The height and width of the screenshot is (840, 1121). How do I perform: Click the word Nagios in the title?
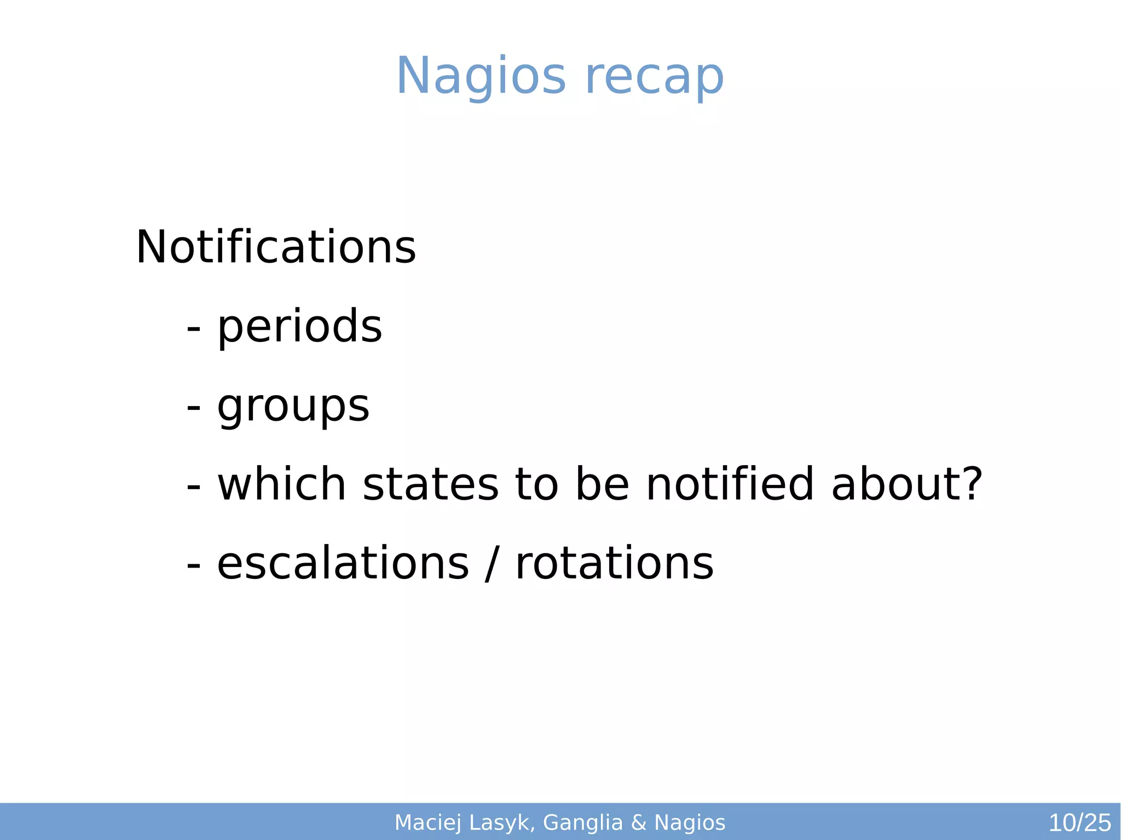481,77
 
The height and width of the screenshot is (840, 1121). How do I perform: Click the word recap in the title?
654,77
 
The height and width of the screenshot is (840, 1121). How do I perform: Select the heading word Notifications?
276,247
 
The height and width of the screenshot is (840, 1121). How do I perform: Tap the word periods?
299,327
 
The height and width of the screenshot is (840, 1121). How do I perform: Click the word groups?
293,407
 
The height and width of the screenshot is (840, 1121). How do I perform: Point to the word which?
282,484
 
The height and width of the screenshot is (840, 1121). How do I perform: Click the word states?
430,484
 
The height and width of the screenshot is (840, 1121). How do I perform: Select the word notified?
730,484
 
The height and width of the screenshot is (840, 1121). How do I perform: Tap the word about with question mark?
906,484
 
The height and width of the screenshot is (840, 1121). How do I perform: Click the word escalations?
343,564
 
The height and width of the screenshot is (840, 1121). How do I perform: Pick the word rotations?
614,564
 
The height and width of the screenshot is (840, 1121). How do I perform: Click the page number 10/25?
1079,823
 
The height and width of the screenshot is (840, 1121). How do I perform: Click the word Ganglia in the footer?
583,823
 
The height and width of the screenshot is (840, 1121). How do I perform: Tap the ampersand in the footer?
638,823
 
